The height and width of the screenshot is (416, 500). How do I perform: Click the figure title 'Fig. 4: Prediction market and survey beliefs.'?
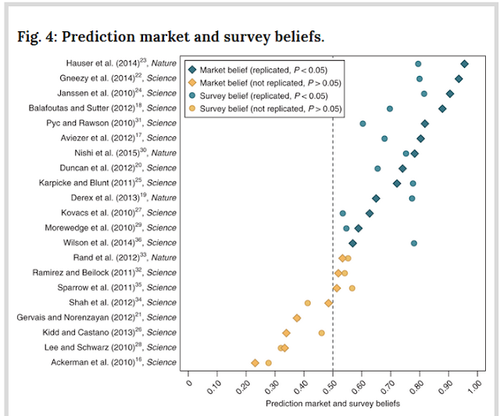coord(171,37)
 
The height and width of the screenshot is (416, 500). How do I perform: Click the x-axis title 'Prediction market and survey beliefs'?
coord(332,403)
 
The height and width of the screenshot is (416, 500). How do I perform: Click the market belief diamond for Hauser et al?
coord(464,64)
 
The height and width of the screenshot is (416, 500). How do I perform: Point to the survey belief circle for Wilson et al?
coord(414,243)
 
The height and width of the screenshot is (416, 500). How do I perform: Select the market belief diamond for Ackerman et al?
coord(255,363)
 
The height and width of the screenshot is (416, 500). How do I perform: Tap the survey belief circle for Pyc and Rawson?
coord(362,124)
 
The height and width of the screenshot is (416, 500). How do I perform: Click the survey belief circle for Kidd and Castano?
coord(321,332)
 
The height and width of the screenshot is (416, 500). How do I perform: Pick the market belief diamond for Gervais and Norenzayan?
coord(297,318)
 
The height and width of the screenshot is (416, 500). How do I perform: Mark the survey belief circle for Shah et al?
coord(307,303)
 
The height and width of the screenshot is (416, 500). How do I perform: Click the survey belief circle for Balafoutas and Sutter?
coord(390,109)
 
